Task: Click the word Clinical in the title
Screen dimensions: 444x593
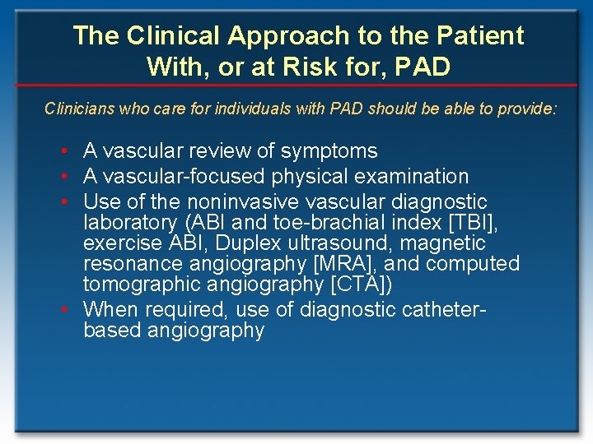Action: (x=171, y=35)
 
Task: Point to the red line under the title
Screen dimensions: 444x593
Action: (x=296, y=86)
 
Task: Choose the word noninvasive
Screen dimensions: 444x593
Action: (x=226, y=201)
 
